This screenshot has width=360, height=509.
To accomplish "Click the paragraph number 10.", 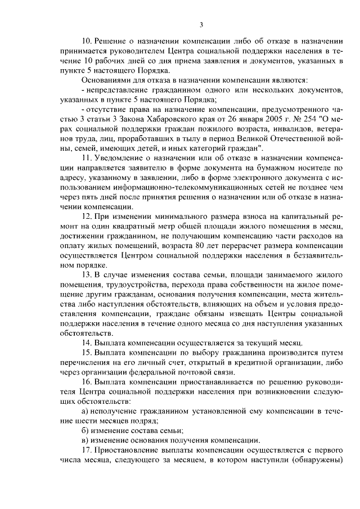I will coord(87,42).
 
